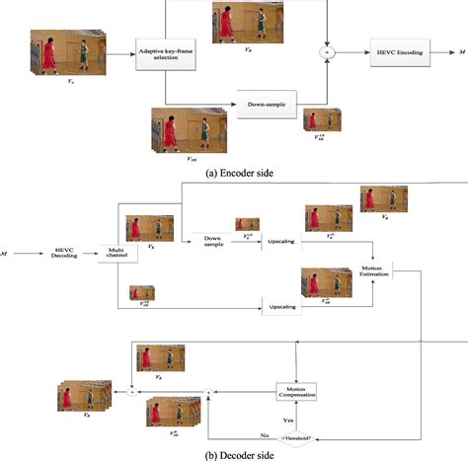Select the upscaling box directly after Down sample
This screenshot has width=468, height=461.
[x=280, y=240]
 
